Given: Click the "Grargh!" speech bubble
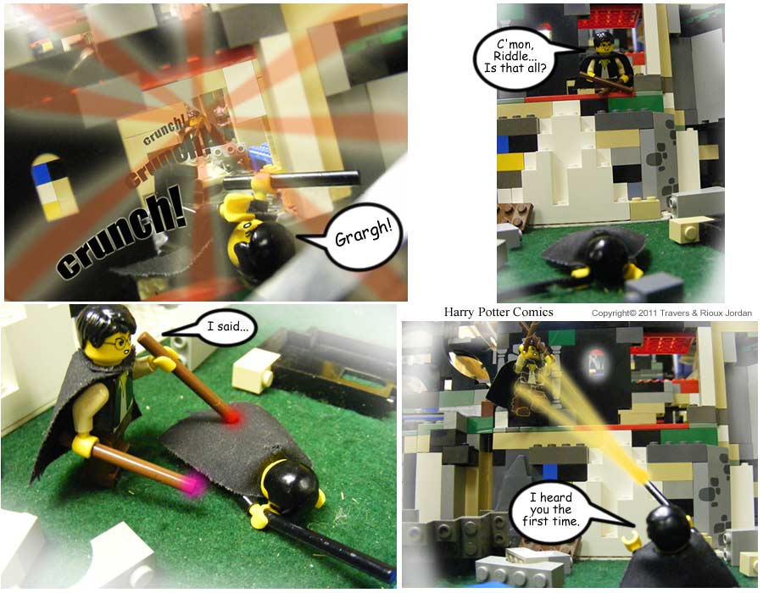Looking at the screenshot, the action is click(363, 236).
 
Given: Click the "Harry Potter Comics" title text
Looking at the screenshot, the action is click(498, 312).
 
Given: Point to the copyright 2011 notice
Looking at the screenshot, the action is click(671, 313).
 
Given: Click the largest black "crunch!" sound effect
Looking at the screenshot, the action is click(121, 232).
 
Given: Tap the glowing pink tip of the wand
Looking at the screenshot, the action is click(196, 484).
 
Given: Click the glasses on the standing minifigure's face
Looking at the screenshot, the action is click(117, 343).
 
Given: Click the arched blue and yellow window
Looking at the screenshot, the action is click(53, 187).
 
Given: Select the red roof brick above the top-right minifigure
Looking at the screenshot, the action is click(611, 17).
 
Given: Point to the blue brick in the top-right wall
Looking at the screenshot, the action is click(503, 143).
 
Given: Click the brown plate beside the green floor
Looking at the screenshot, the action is click(514, 214).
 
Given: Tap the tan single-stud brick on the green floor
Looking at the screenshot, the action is click(688, 229).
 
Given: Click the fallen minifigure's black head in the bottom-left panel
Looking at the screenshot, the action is click(291, 486).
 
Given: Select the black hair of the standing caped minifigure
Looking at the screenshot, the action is click(105, 322).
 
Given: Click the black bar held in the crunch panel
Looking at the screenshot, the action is click(291, 180).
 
